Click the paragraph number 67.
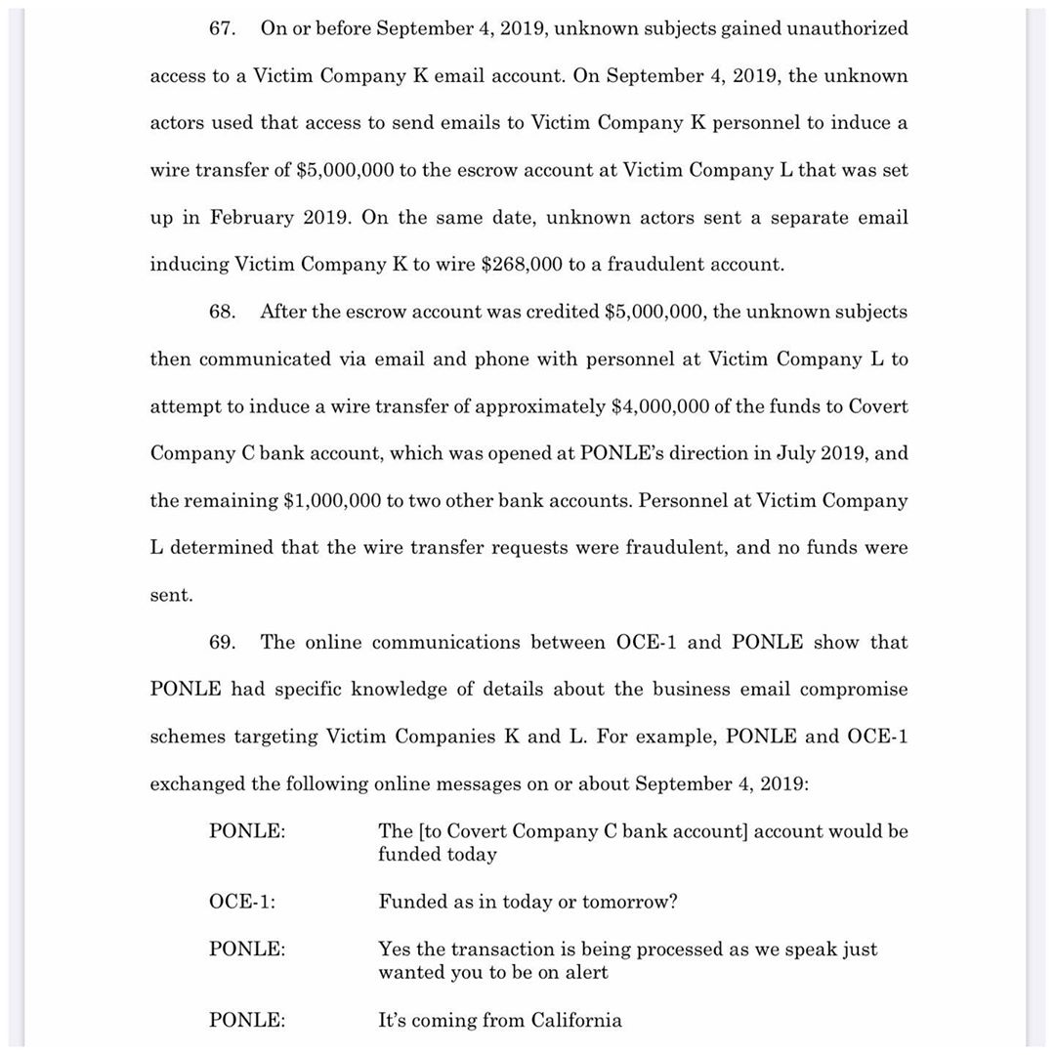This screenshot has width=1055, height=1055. pos(222,28)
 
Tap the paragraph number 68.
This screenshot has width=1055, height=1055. pos(222,312)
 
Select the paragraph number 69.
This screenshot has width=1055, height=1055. pos(222,642)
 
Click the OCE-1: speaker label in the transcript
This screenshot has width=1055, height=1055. pos(242,902)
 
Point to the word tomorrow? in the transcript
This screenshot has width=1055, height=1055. pos(630,902)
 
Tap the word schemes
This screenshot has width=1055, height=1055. pos(187,736)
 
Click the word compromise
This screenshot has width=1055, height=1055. pos(853,689)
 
